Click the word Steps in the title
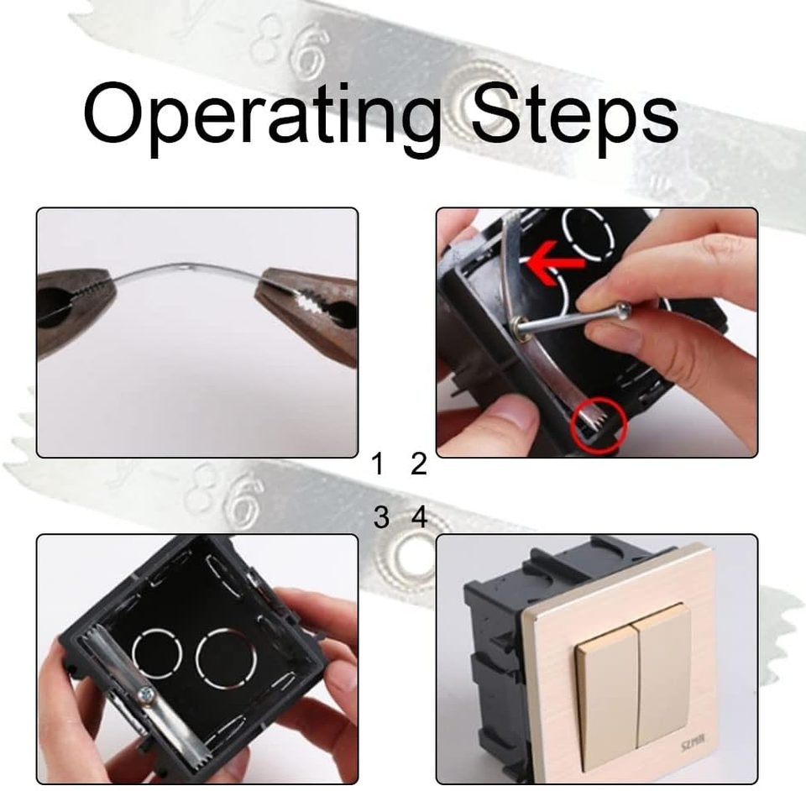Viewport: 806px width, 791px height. [x=573, y=115]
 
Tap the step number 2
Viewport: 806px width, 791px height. [x=418, y=464]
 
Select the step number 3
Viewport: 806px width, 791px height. [x=380, y=518]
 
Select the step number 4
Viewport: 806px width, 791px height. [x=419, y=518]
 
